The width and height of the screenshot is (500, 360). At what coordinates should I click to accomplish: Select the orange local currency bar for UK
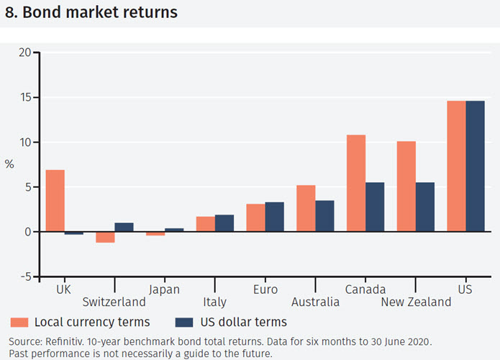[x=55, y=201]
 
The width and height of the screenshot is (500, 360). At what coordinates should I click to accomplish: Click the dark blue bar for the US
[x=475, y=166]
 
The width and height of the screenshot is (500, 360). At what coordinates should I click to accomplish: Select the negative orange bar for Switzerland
[x=105, y=237]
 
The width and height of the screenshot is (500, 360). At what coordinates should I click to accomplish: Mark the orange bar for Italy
[x=205, y=224]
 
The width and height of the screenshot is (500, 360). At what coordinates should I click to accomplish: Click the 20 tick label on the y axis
[x=25, y=53]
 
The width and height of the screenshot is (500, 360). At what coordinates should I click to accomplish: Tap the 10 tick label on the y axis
[x=25, y=142]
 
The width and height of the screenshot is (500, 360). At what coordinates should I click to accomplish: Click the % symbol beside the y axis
[x=9, y=164]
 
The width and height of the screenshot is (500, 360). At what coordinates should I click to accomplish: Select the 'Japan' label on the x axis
[x=164, y=289]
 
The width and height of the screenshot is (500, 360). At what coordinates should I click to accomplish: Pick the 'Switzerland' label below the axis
[x=114, y=302]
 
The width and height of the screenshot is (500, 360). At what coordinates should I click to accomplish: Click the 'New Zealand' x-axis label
[x=416, y=302]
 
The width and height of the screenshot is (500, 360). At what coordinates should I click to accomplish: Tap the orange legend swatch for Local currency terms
[x=19, y=322]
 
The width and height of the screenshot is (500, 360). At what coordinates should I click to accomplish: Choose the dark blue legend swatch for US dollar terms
[x=183, y=322]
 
